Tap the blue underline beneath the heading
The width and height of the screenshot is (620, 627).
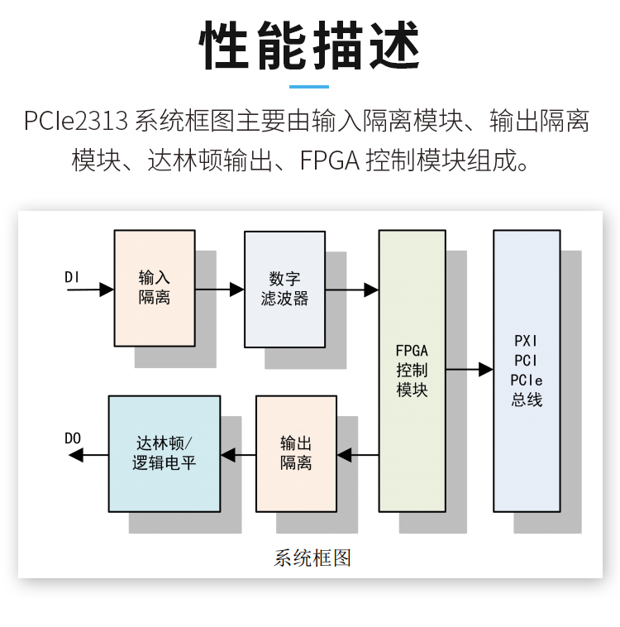click(309, 86)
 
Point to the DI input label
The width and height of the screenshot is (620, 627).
click(72, 277)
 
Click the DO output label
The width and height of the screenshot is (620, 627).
click(73, 438)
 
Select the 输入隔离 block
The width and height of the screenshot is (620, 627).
click(154, 288)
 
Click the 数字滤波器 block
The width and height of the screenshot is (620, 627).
click(284, 289)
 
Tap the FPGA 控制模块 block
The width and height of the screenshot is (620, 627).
click(412, 370)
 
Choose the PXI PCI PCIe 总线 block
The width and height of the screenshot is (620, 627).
click(527, 370)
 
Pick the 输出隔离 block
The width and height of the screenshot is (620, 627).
click(296, 453)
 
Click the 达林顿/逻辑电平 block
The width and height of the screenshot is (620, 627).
click(165, 453)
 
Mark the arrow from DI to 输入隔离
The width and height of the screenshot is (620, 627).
click(91, 290)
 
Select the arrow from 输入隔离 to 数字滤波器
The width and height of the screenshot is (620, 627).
click(219, 290)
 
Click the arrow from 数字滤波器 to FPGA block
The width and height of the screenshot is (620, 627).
click(351, 290)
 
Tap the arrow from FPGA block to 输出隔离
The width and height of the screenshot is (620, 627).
click(358, 453)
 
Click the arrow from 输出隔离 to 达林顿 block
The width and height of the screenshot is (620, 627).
click(238, 453)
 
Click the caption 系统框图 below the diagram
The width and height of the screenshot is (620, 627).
click(312, 558)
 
